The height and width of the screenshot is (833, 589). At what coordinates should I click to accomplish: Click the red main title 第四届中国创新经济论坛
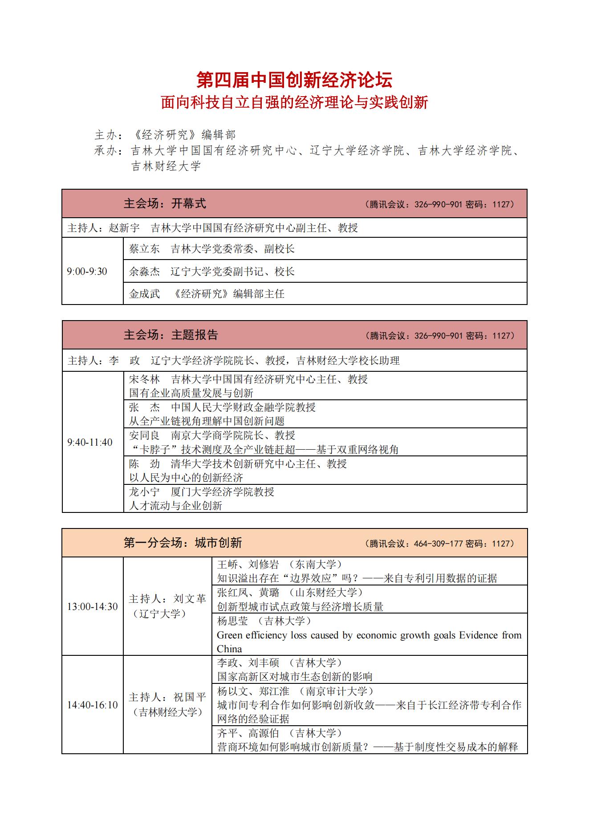point(294,80)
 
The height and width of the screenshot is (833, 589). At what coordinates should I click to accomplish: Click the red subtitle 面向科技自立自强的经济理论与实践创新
point(294,102)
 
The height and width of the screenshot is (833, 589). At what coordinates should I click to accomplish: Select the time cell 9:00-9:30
point(87,272)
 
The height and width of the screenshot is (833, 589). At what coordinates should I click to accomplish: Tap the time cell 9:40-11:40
point(90,442)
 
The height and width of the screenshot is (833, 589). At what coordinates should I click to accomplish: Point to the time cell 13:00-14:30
point(93,606)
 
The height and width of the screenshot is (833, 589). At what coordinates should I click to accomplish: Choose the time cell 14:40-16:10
point(93,705)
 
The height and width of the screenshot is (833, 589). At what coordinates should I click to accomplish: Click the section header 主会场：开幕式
point(165,204)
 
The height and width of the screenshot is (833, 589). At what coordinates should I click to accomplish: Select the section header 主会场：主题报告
point(171,335)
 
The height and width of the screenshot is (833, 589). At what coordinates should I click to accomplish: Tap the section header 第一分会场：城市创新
point(183,543)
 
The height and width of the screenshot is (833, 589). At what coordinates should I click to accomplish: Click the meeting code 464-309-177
point(438,544)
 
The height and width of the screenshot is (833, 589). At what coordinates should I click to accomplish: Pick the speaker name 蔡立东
point(144,249)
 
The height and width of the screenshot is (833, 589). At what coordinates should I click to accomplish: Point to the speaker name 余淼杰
point(144,272)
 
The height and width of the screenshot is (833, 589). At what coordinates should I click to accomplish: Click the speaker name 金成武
point(144,294)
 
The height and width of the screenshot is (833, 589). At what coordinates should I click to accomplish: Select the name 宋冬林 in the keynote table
point(144,379)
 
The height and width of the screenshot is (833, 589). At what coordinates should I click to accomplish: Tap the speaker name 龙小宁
point(144,492)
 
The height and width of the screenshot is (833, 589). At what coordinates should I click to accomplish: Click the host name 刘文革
point(190,599)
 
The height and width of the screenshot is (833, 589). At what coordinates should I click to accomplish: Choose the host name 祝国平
point(190,697)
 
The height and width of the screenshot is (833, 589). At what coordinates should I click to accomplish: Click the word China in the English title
point(229,649)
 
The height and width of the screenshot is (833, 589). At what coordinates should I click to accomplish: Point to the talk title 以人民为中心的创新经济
point(186,478)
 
